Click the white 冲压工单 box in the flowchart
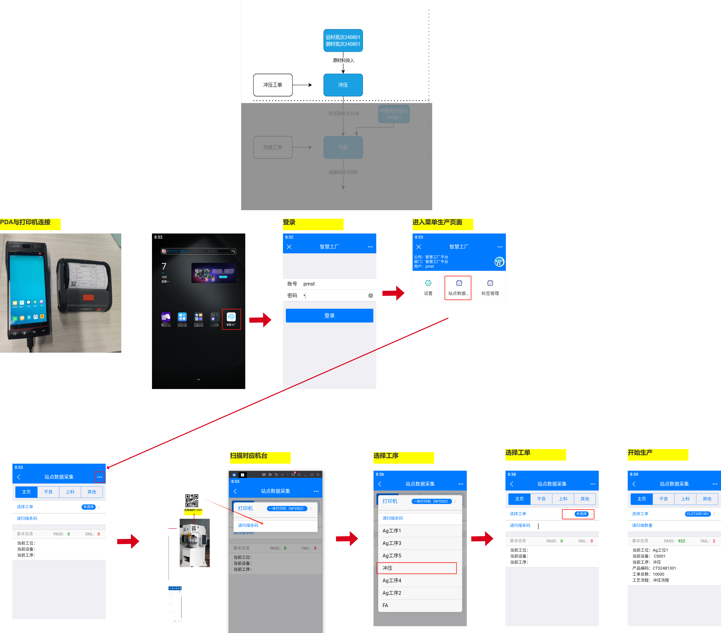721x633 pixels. [273, 85]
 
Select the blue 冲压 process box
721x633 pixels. [343, 85]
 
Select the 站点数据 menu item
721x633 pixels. [458, 288]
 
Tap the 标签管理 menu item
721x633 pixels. [490, 288]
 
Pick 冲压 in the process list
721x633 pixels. [417, 568]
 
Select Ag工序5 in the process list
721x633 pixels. [392, 555]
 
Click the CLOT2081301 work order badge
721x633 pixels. [697, 514]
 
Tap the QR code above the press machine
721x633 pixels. [192, 501]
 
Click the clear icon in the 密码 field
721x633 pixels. [370, 296]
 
